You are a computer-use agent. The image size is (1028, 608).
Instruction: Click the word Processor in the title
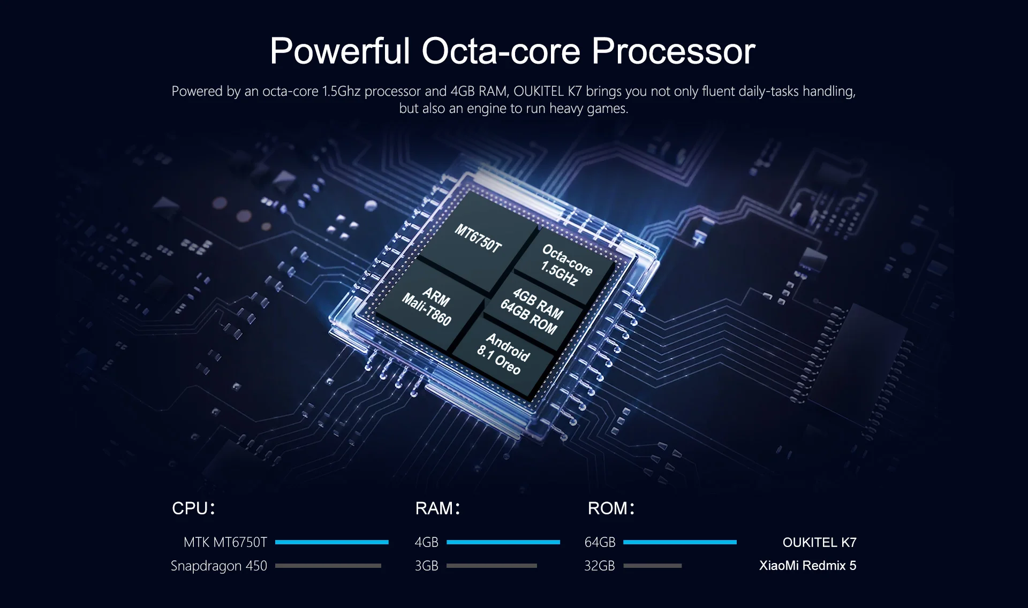tap(673, 51)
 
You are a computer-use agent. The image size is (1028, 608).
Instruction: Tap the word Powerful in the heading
tap(340, 51)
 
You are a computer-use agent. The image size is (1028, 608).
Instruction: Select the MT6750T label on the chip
tap(478, 238)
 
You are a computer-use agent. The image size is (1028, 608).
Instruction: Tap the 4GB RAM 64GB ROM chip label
tap(532, 310)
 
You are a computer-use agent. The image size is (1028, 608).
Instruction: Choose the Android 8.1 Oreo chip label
tap(503, 353)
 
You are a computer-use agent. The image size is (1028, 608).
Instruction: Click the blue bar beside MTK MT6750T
tap(332, 542)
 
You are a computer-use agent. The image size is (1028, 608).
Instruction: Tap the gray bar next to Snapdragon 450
tap(328, 566)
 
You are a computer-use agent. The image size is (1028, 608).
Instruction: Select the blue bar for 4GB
tap(503, 542)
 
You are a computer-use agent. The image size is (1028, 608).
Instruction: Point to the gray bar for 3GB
tap(492, 566)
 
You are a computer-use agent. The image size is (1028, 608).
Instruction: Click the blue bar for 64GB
tap(680, 542)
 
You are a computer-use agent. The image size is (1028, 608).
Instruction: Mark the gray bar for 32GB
tap(653, 566)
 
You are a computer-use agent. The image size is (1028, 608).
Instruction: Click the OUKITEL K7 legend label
tap(819, 543)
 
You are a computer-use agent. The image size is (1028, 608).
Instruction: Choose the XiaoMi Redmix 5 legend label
tap(807, 566)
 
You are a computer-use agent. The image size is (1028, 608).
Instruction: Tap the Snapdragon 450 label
tap(218, 566)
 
